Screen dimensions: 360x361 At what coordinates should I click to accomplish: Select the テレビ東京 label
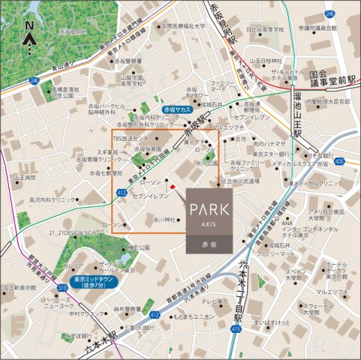point(218,301)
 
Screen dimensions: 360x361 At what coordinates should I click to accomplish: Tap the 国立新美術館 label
point(17,287)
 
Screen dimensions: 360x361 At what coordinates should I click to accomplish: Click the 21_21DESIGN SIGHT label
point(53,235)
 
